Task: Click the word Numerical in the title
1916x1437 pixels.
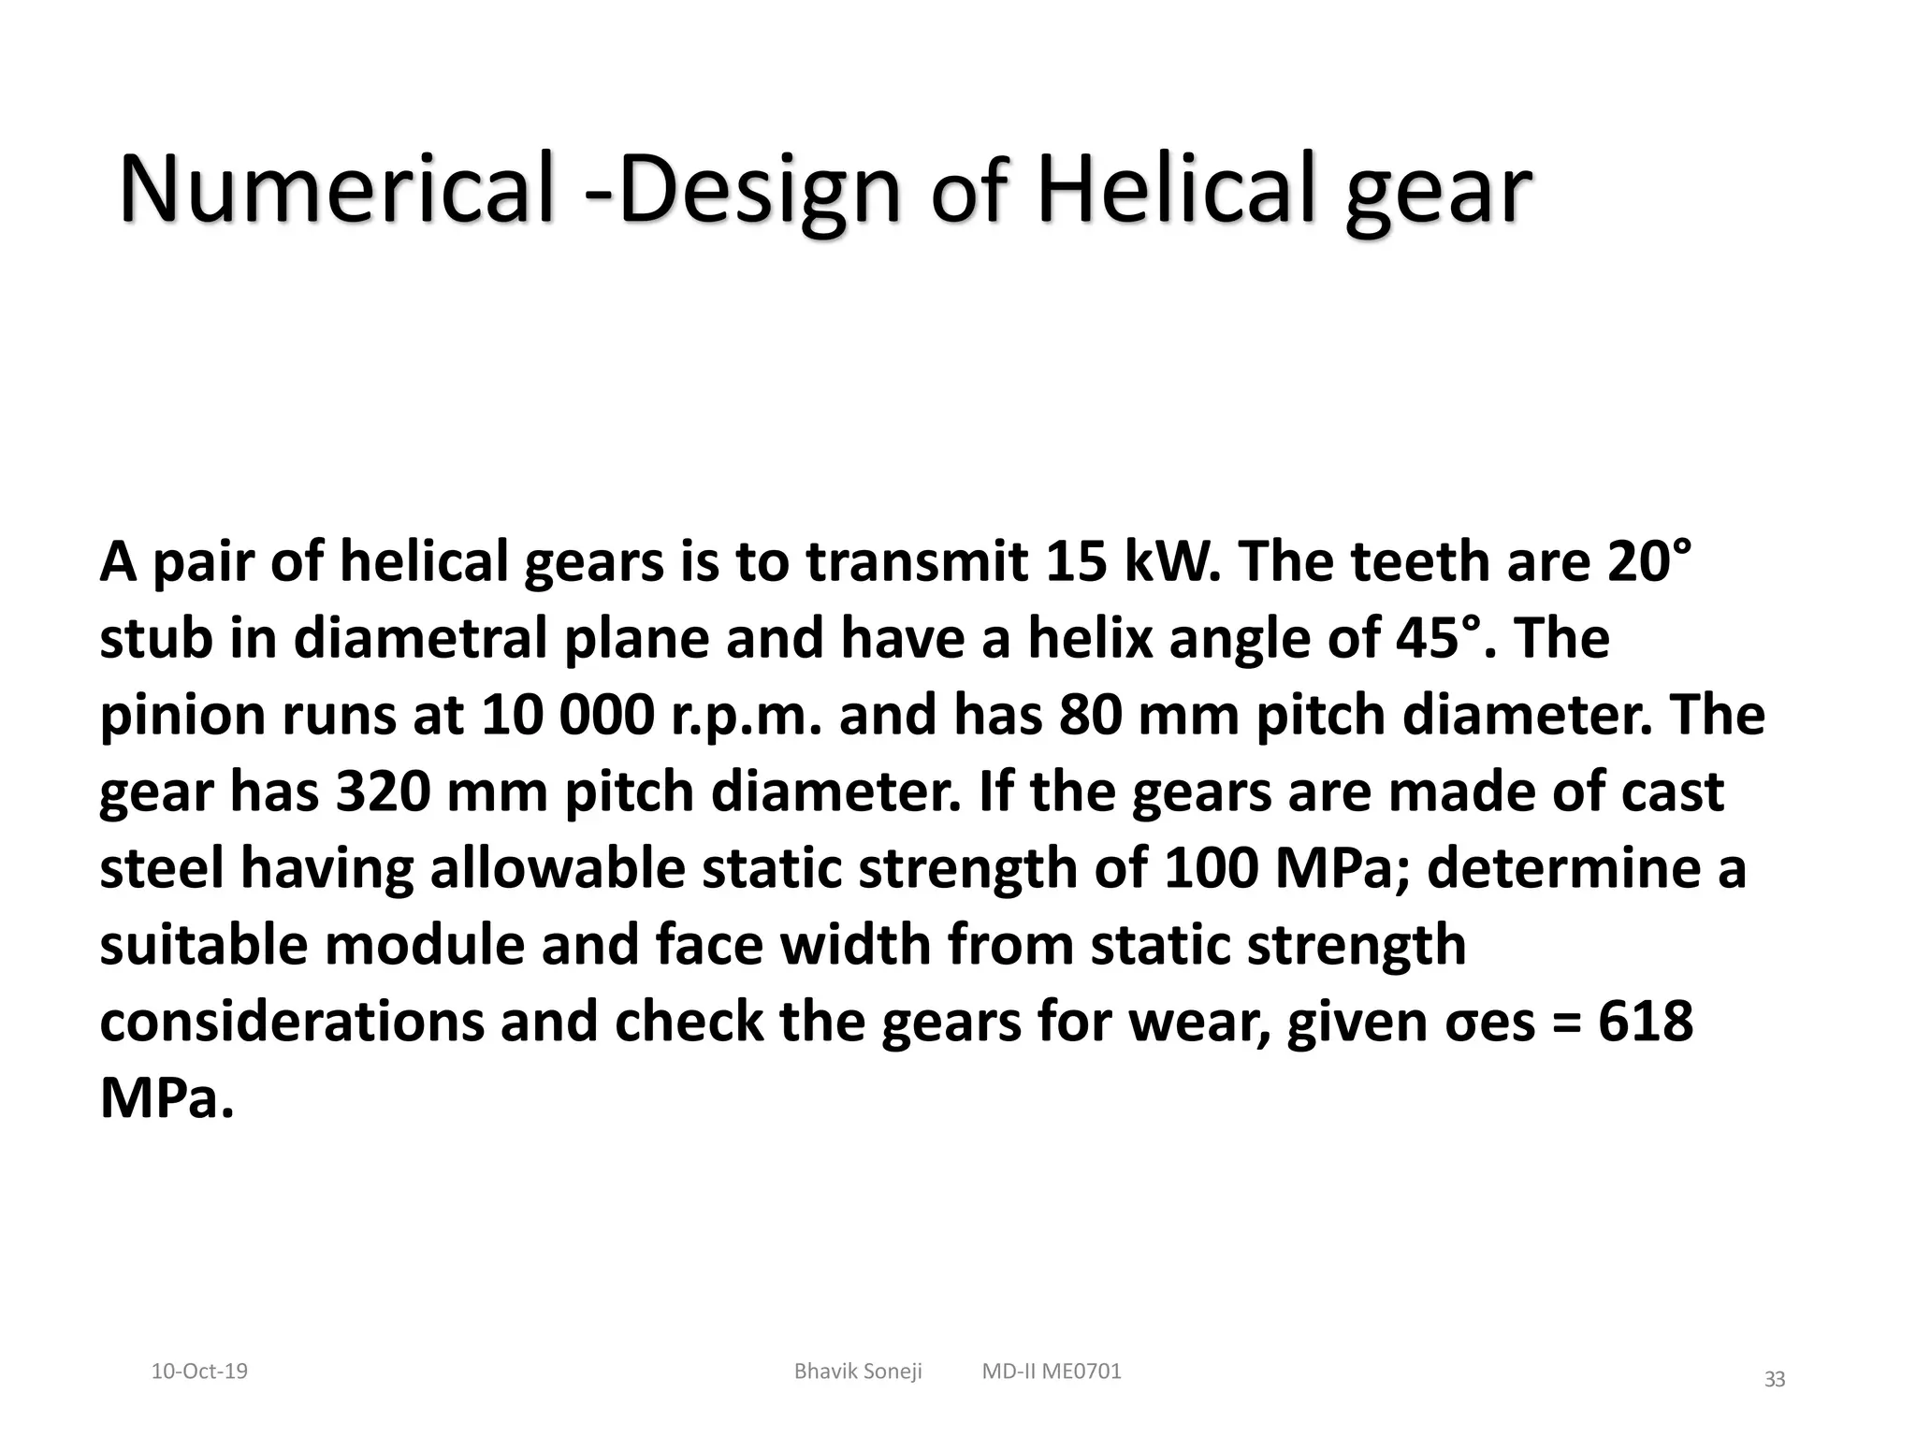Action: [x=337, y=190]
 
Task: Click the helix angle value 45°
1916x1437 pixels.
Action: [x=1442, y=638]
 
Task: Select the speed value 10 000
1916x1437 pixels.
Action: [x=568, y=715]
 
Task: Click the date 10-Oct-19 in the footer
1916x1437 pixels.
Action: [x=199, y=1372]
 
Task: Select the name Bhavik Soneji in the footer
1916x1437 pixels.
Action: [x=858, y=1372]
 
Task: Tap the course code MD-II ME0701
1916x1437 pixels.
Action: [x=1052, y=1372]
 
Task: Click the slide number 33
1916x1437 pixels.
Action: [x=1774, y=1379]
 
